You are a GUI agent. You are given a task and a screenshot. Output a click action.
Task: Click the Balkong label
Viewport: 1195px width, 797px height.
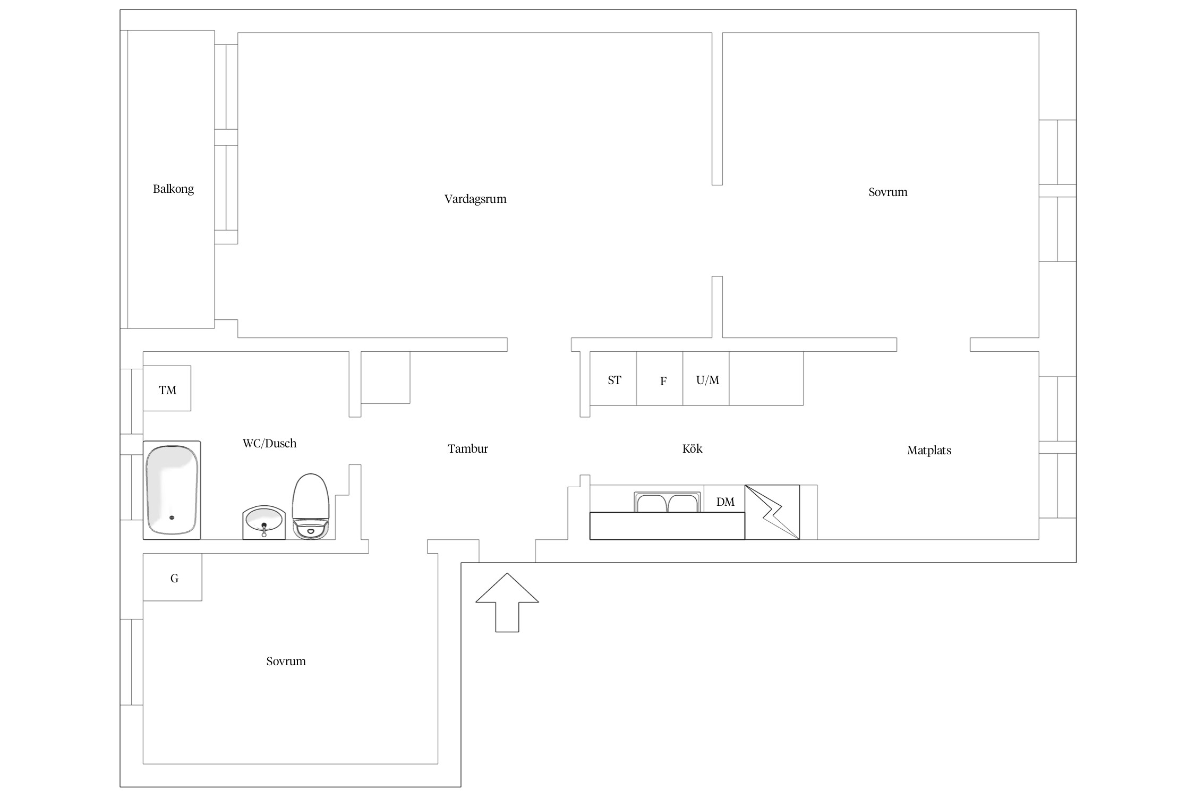[x=173, y=189]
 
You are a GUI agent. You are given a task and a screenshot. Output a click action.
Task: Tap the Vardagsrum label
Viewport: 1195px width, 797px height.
[x=475, y=199]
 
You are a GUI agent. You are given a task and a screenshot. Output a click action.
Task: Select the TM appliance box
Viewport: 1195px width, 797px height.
[x=167, y=388]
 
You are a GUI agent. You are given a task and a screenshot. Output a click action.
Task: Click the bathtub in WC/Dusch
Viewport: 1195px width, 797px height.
[x=172, y=490]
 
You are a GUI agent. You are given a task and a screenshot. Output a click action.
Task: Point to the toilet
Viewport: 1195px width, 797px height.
[x=311, y=506]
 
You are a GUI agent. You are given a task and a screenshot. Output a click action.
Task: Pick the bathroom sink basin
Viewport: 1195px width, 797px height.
[x=264, y=522]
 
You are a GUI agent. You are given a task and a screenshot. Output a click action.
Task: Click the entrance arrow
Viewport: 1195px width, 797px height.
[x=507, y=603]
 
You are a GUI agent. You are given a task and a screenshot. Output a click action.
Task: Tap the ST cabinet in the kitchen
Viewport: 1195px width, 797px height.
[x=613, y=378]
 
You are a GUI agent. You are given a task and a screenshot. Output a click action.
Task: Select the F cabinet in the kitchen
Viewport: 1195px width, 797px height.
[x=660, y=378]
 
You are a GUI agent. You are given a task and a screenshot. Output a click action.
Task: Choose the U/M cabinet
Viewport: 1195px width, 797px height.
[x=706, y=378]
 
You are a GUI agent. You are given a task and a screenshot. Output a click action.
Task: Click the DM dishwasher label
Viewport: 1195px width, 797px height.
[x=725, y=502]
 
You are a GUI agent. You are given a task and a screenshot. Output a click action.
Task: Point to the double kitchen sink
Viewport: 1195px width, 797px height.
[x=667, y=502]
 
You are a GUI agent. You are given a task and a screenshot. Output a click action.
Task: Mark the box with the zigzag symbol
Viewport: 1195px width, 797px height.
[x=772, y=512]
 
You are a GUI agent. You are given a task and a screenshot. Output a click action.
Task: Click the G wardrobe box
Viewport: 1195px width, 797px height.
[x=173, y=577]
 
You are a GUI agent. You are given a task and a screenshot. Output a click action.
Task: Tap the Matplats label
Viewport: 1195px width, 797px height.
[x=929, y=451]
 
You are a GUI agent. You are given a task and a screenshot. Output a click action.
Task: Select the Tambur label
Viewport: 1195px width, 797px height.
[x=467, y=449]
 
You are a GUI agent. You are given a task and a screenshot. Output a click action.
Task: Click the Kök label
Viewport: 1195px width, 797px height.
[x=692, y=449]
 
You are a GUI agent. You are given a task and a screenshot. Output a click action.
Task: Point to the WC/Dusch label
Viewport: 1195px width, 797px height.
[x=269, y=444]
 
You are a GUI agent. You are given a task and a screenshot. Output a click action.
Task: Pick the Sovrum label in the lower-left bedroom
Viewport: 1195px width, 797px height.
[x=286, y=662]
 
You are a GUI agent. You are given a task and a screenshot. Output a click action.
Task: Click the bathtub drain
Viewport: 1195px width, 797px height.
[x=172, y=518]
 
